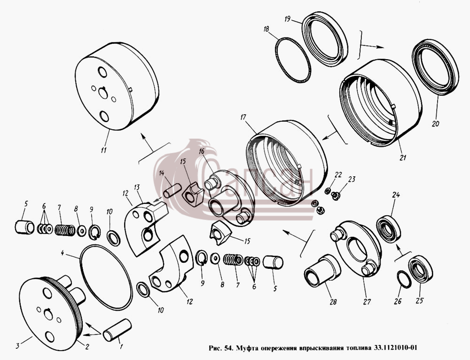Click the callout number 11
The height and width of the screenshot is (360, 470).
point(103,150)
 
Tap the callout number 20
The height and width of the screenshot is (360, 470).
point(436,124)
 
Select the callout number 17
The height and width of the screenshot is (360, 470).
point(243,117)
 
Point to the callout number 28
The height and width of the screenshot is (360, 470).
point(333,302)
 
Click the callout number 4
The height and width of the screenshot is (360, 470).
point(63,253)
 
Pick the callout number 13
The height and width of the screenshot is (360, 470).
point(137,188)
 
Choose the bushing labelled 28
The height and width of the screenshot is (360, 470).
point(322,270)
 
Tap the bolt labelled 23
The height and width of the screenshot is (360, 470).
point(336,196)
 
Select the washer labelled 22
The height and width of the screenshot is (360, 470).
point(328,190)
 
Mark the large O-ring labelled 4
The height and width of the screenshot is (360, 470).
point(107,277)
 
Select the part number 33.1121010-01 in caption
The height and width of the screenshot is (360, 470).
point(395,348)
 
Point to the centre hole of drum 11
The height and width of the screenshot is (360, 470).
point(103,93)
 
